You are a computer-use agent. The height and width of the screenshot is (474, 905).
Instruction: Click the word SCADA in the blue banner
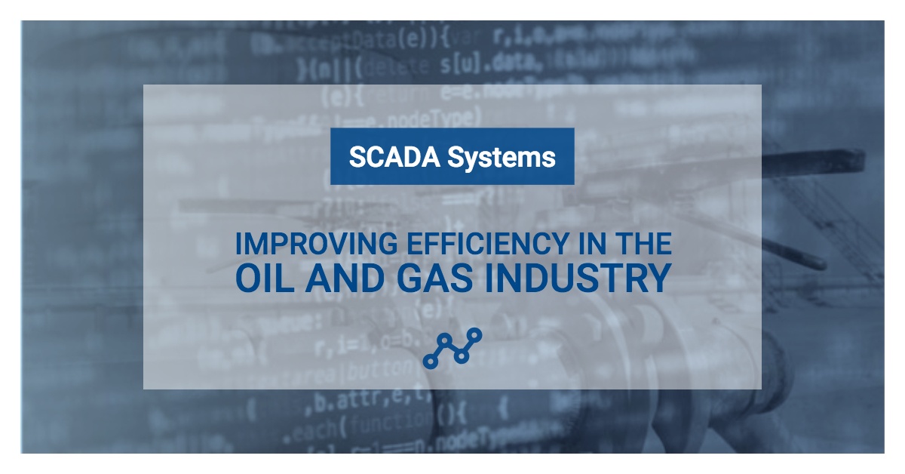pyautogui.click(x=392, y=157)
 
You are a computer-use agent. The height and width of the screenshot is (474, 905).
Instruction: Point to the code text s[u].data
pyautogui.click(x=491, y=66)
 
